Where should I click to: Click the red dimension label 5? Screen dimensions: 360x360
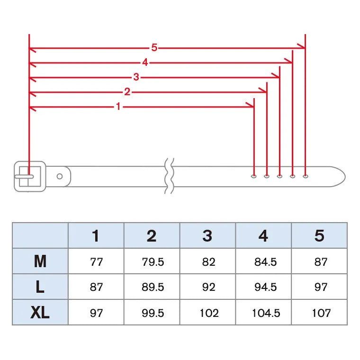point(154,47)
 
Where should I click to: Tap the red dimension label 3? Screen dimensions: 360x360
point(136,77)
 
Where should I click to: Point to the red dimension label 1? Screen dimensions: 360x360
point(118,106)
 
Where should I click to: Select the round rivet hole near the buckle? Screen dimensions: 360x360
point(60,176)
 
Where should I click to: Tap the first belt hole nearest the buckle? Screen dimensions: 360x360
point(254,176)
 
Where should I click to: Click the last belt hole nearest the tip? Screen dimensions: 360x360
point(306,176)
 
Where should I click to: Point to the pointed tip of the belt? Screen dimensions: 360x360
point(345,177)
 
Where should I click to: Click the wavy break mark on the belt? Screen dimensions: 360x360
point(170,176)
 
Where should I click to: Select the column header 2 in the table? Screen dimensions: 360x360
point(152,235)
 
